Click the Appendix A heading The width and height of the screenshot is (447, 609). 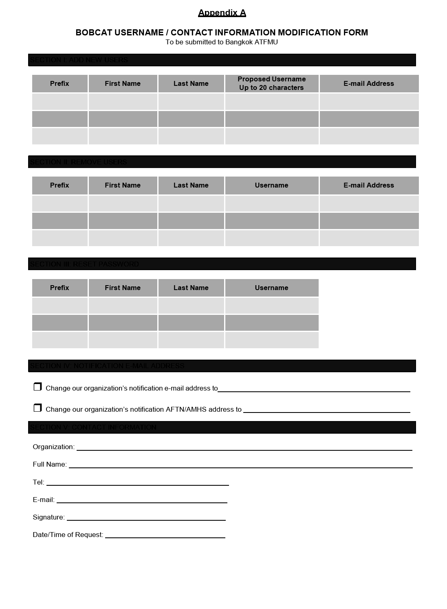[x=222, y=13]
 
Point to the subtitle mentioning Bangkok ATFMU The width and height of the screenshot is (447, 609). [x=222, y=42]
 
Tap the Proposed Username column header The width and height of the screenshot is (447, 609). [x=271, y=83]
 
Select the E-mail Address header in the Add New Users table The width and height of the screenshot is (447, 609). [x=369, y=83]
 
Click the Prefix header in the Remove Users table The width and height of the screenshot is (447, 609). [x=59, y=185]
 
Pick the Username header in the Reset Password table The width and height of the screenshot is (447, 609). [x=271, y=288]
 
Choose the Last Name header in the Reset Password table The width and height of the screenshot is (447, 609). [x=191, y=288]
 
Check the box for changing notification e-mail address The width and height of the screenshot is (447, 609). [x=37, y=386]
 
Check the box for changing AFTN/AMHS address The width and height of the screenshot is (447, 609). [x=37, y=408]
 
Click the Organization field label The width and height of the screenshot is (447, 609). [x=53, y=447]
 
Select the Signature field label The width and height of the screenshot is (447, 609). [x=48, y=517]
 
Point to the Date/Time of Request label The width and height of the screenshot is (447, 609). [x=68, y=535]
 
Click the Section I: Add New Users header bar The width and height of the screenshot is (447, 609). [x=222, y=60]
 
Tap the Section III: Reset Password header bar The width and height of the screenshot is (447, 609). [x=222, y=264]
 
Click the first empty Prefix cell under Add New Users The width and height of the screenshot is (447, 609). [x=59, y=102]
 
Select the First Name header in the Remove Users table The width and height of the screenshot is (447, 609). [x=123, y=185]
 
